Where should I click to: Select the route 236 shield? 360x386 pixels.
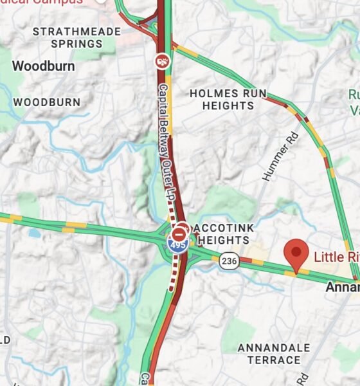pos(228,261)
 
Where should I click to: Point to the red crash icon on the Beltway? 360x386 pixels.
pos(163,61)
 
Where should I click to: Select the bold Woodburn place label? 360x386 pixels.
pos(43,66)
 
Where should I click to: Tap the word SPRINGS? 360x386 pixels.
pos(77,44)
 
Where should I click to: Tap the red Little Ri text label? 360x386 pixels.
pos(336,257)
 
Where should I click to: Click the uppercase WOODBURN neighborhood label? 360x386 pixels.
pos(47,102)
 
